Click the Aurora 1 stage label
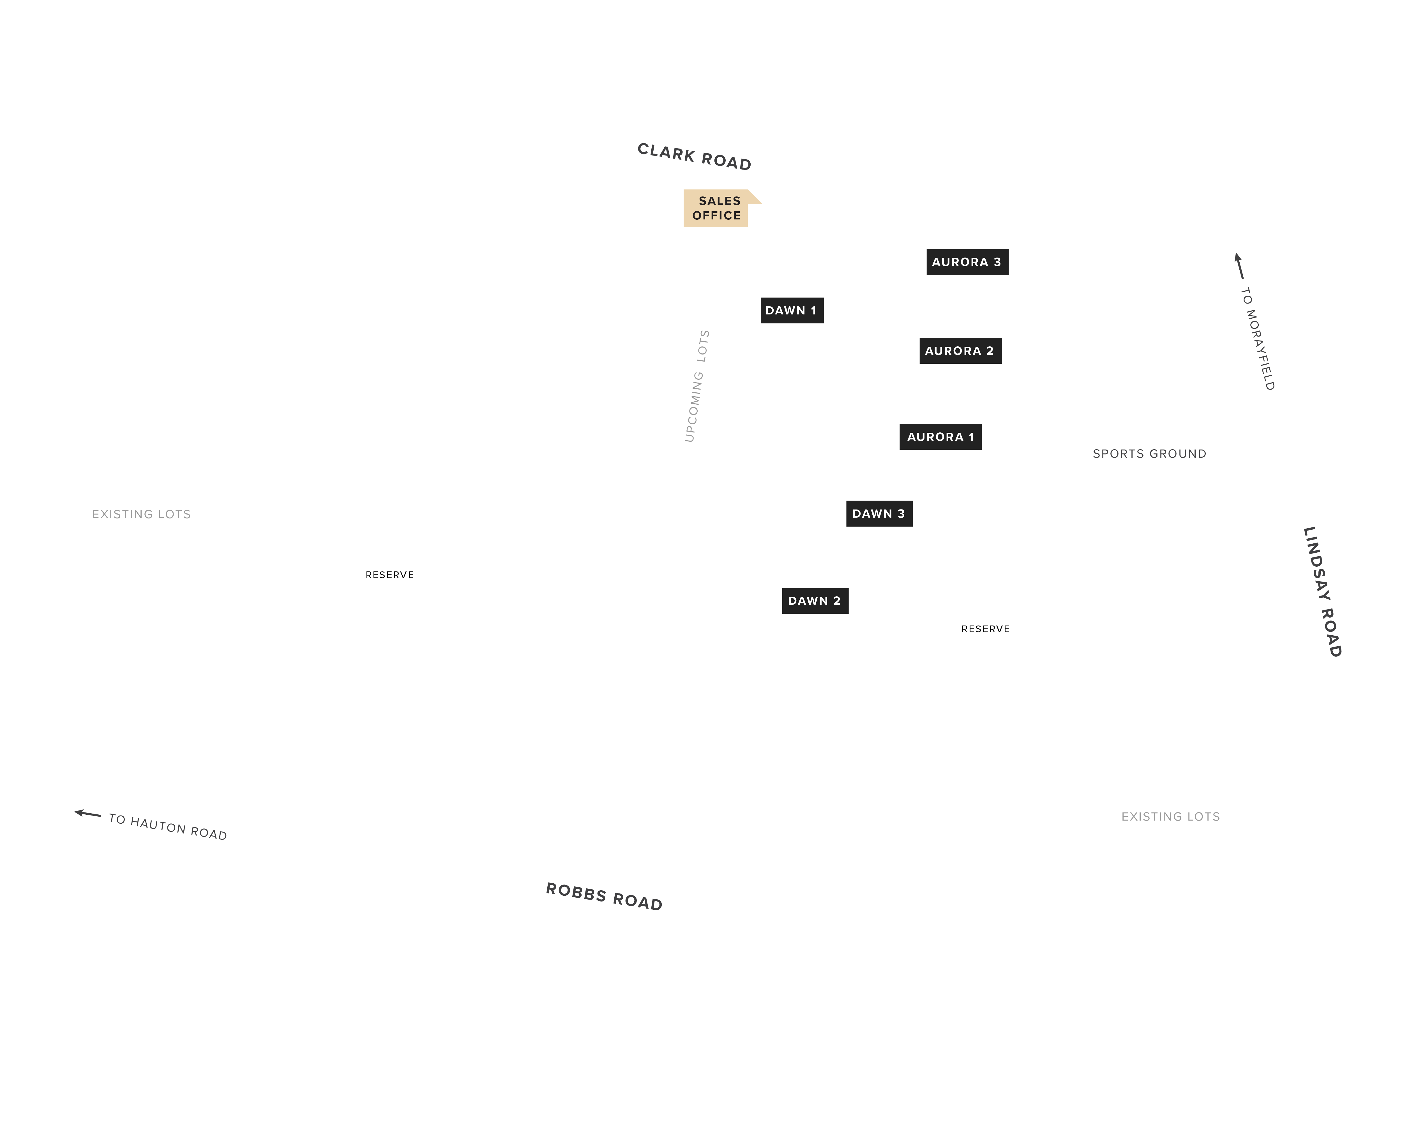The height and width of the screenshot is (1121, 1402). click(940, 437)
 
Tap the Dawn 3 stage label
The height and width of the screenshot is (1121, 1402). click(879, 513)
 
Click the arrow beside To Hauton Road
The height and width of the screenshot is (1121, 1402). click(88, 814)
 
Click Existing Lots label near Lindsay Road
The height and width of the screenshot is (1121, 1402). click(1170, 817)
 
